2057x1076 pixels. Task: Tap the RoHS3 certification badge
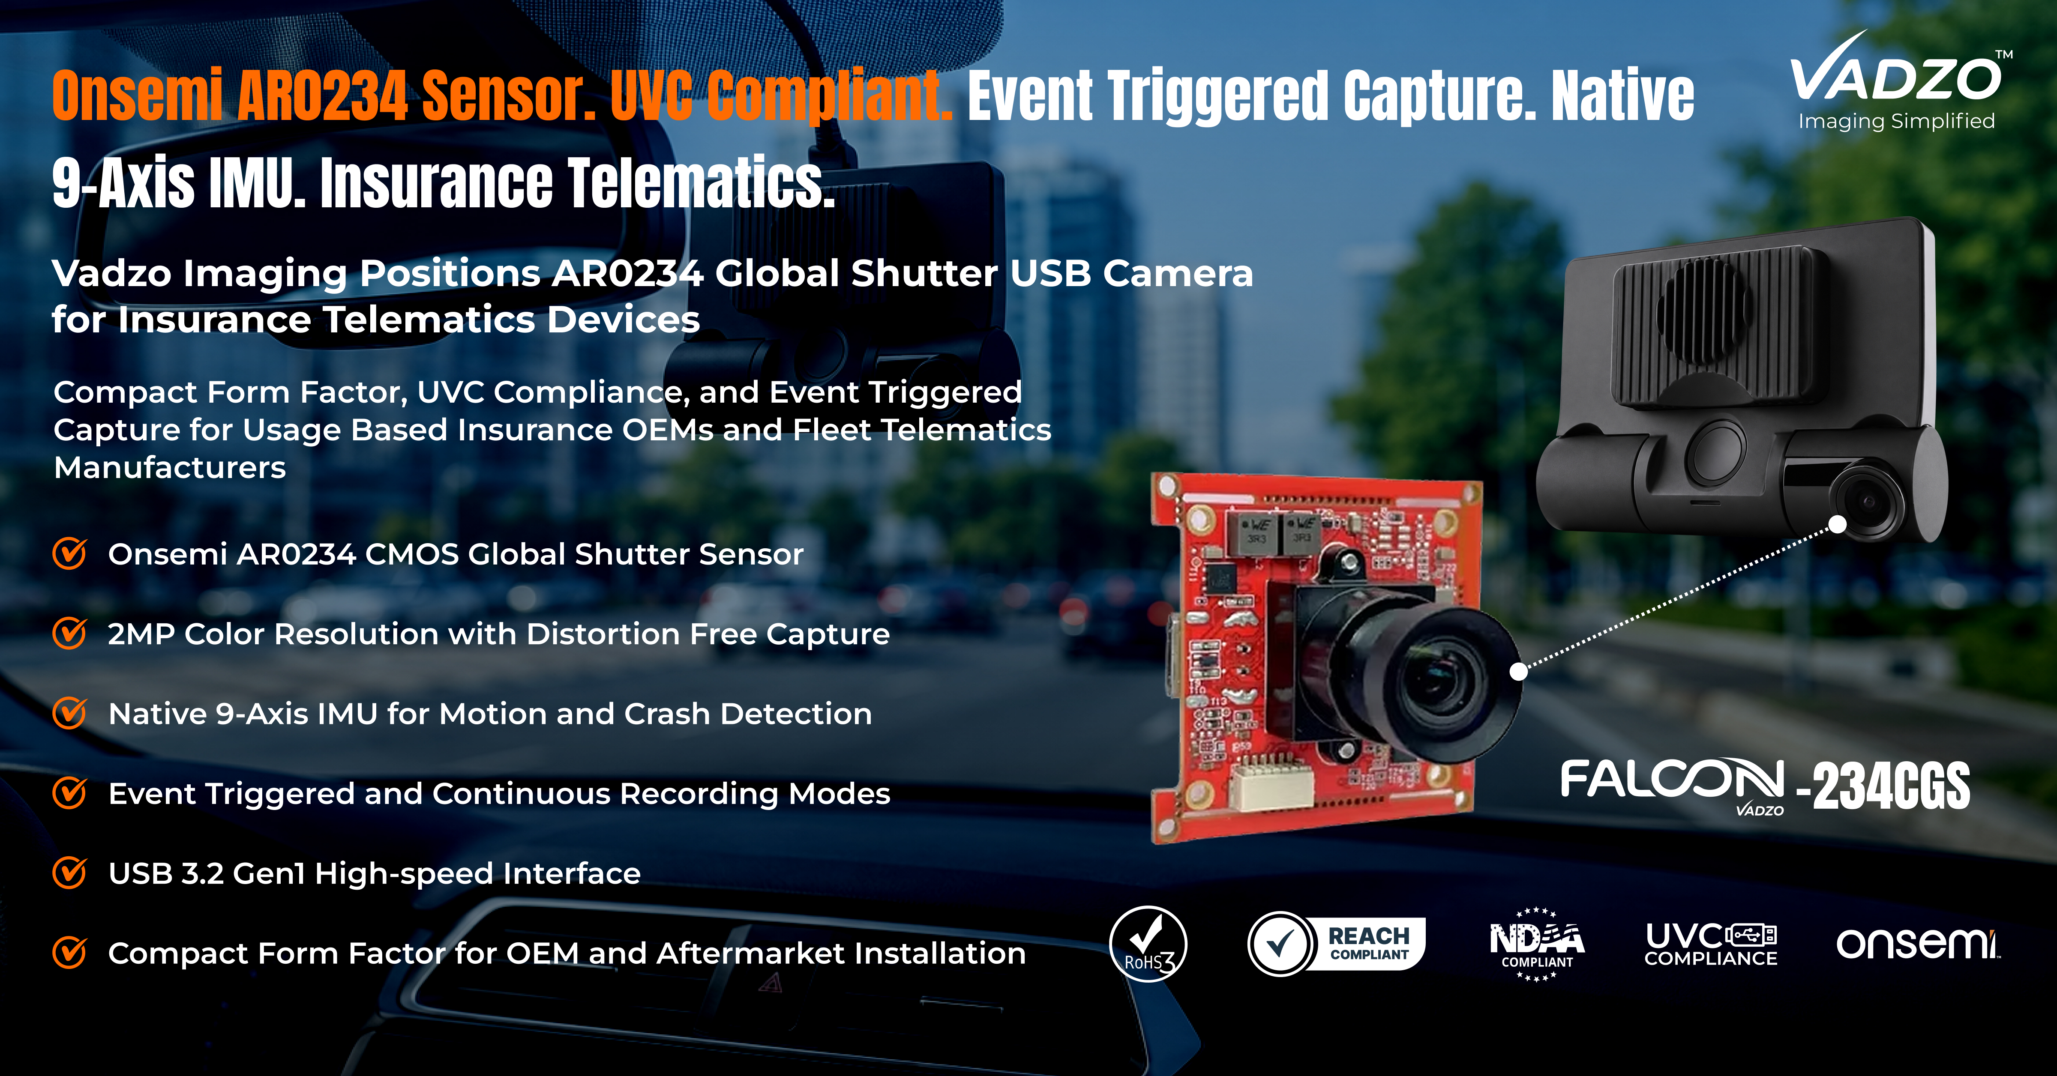1148,944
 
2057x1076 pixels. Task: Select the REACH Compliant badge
1336,944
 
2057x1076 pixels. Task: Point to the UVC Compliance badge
1710,944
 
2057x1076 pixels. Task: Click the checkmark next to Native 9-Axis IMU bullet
69,713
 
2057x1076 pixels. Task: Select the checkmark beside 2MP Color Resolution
69,633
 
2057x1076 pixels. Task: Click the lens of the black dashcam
1868,501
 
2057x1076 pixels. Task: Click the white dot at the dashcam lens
1838,524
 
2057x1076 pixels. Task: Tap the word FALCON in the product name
1671,780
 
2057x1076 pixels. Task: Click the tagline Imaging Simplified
1896,121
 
